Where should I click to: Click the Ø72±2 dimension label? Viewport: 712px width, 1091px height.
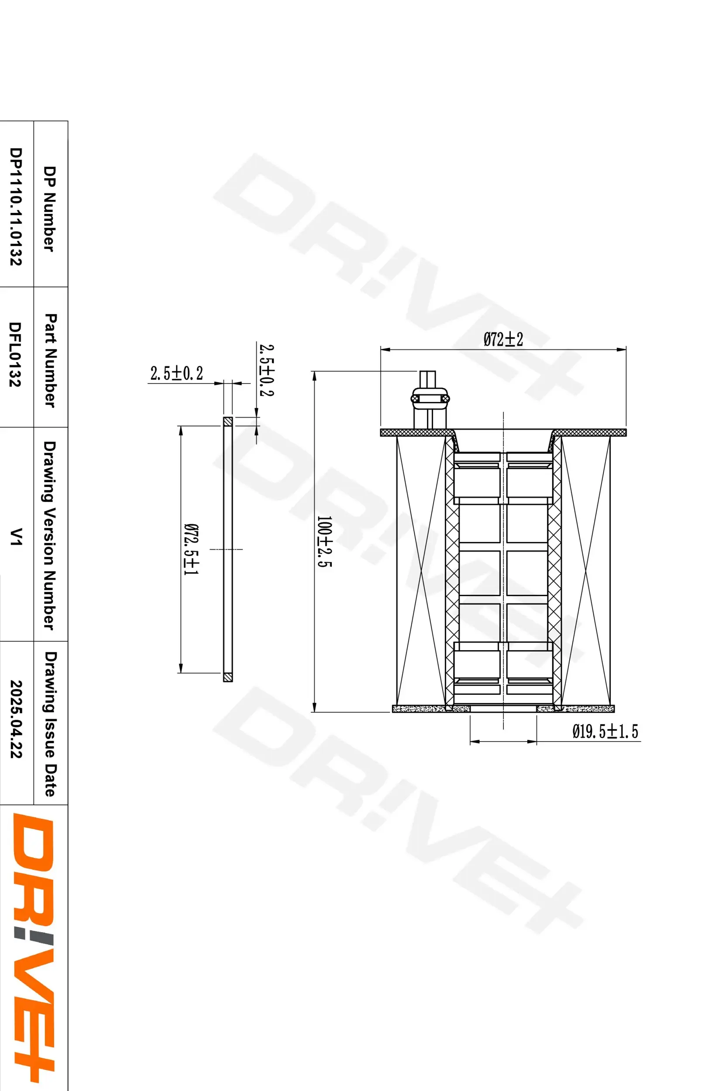tap(503, 340)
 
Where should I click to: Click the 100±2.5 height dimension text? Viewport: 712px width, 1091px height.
tap(324, 542)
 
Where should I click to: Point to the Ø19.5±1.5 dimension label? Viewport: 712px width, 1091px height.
tap(605, 731)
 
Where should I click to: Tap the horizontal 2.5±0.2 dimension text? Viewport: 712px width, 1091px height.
tap(176, 374)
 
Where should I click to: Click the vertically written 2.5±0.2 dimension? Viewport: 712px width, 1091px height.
tap(266, 371)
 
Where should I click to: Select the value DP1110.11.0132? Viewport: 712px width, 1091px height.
tap(16, 206)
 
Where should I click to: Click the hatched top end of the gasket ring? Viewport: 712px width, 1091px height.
tap(228, 421)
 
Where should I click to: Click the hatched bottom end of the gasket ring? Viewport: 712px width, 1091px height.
tap(228, 676)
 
